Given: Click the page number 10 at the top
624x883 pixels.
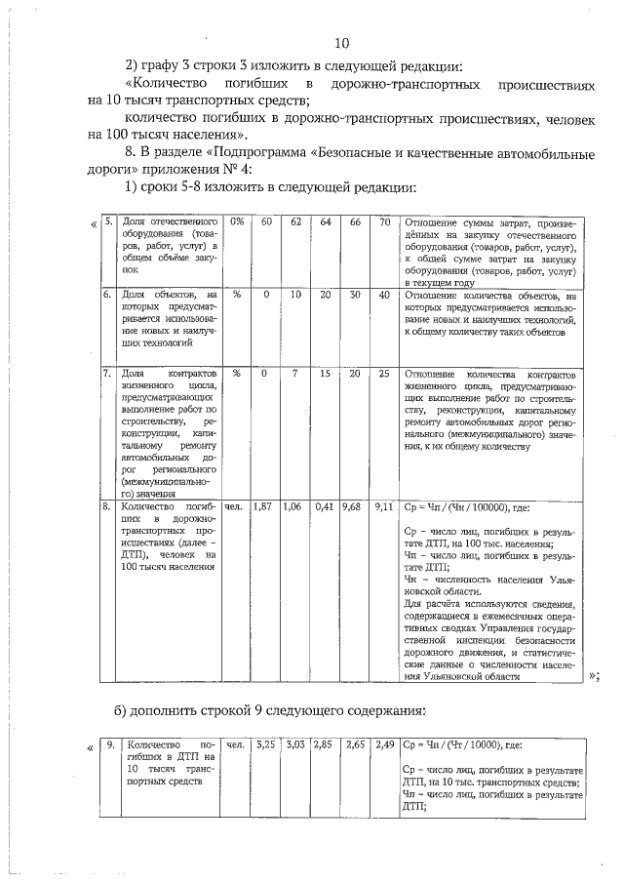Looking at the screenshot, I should click(x=341, y=42).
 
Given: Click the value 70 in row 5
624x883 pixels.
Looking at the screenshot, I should click(x=385, y=222).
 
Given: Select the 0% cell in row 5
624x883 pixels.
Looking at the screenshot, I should click(x=237, y=222).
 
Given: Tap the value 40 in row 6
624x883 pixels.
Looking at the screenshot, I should click(x=385, y=294).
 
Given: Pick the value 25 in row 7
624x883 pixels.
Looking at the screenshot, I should click(x=385, y=374).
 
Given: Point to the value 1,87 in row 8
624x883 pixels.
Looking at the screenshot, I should click(x=261, y=507).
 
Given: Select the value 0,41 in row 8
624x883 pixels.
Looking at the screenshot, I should click(x=325, y=507).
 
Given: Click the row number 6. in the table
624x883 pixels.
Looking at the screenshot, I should click(x=107, y=294).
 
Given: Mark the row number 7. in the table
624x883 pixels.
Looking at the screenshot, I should click(x=107, y=374).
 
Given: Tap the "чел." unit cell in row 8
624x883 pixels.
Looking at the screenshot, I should click(x=234, y=507).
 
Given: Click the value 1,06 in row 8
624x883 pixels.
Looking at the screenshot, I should click(x=292, y=507).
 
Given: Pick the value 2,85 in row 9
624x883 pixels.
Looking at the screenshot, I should click(x=323, y=744).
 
